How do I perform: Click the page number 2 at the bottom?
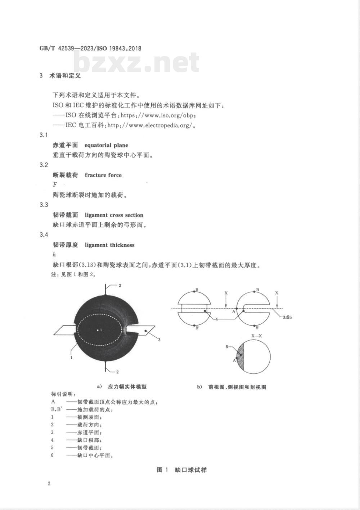(x=49, y=483)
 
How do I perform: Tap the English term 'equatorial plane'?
(x=106, y=145)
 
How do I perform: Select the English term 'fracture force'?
(x=103, y=175)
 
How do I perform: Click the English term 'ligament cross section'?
(x=114, y=215)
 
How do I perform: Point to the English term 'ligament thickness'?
(x=109, y=245)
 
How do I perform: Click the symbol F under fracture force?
(x=55, y=185)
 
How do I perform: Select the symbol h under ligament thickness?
(x=54, y=255)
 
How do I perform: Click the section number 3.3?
(x=44, y=205)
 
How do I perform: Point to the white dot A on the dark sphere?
(x=97, y=329)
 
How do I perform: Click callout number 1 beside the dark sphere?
(x=72, y=358)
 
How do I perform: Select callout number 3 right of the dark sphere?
(x=159, y=339)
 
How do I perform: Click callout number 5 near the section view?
(x=227, y=347)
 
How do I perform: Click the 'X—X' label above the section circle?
(x=257, y=335)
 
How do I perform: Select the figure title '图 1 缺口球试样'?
(x=181, y=470)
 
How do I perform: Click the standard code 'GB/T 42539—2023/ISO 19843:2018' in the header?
(x=90, y=48)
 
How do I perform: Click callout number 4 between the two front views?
(x=216, y=319)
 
